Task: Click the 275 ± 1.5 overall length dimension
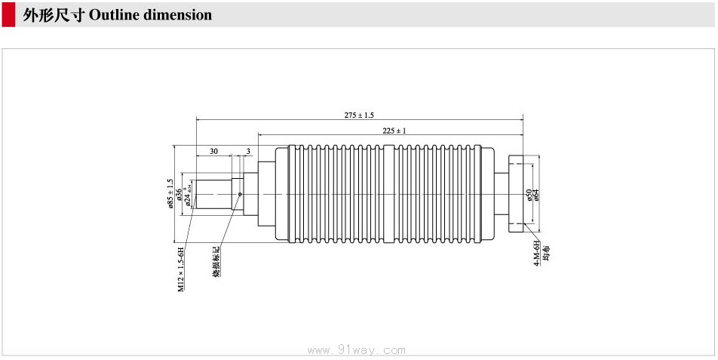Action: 359,115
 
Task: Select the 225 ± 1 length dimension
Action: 394,131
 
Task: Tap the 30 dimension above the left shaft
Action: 213,151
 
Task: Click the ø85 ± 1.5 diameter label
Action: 170,193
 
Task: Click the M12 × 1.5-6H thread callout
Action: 181,269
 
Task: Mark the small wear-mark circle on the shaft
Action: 240,194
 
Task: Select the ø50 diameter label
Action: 529,194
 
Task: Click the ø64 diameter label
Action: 536,194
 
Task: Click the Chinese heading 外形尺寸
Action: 54,15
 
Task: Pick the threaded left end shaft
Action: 212,193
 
